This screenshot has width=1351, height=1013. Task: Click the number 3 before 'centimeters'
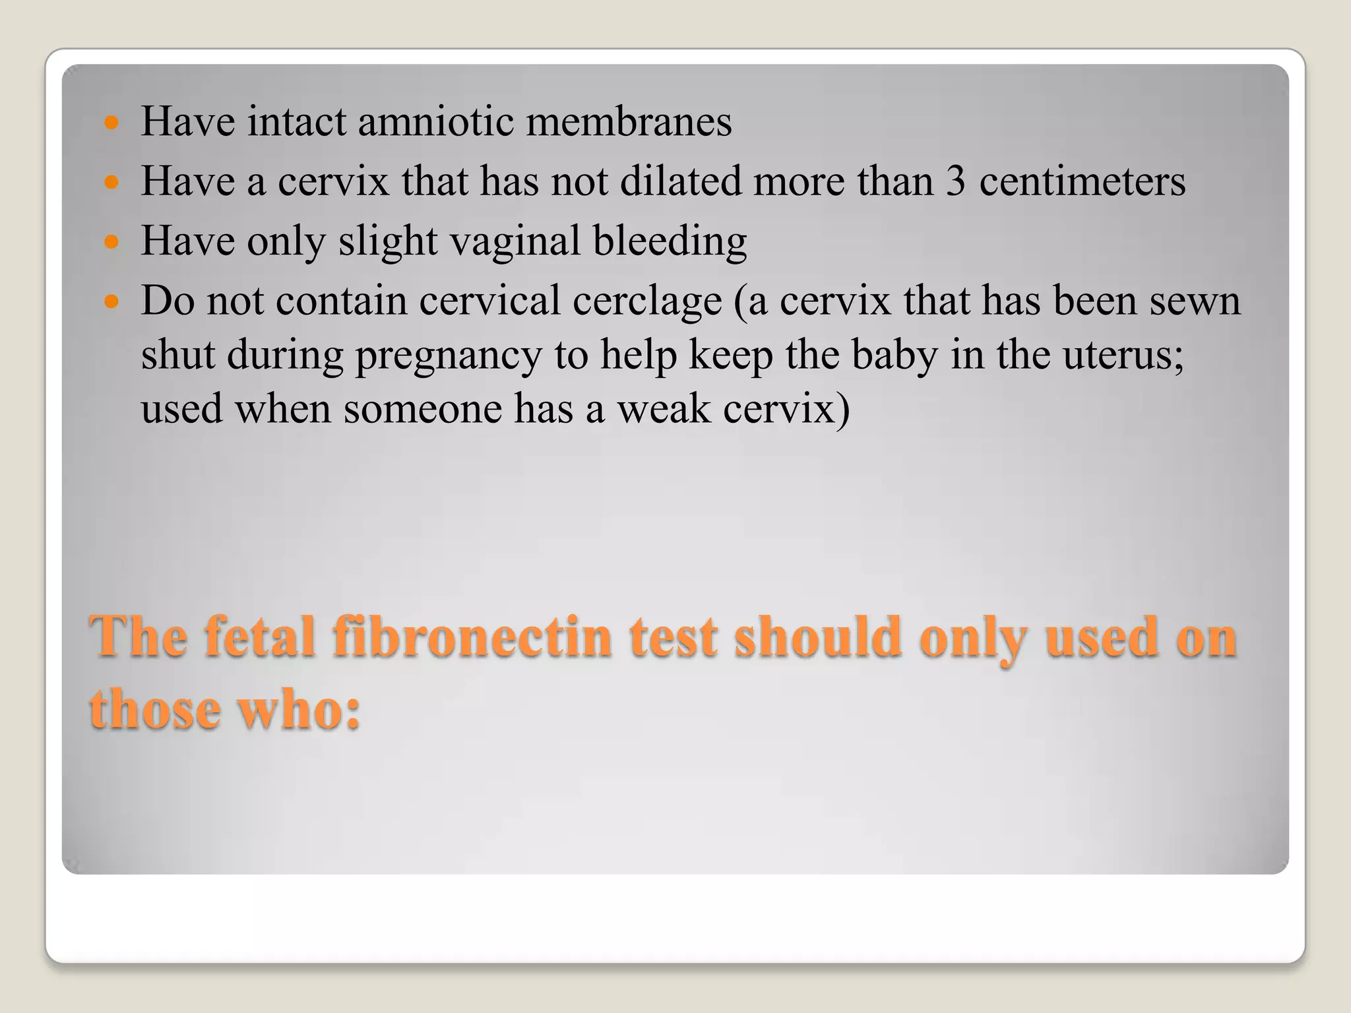955,181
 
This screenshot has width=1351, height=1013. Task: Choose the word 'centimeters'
1082,181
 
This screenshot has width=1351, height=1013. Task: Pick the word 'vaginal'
515,241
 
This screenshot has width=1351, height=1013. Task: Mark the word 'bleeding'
670,241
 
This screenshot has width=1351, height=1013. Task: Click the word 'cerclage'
647,301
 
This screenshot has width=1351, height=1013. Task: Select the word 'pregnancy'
449,356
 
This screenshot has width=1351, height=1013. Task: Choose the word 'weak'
664,409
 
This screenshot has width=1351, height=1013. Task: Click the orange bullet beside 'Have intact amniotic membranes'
111,123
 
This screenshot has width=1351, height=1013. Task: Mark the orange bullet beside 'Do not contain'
111,302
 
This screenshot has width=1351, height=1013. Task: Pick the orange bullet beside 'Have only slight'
111,242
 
